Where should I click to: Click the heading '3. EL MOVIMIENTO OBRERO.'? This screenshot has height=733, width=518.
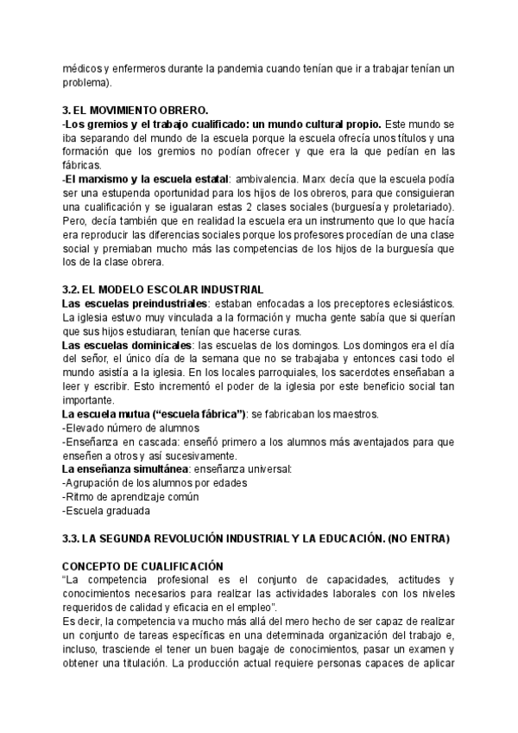(136, 110)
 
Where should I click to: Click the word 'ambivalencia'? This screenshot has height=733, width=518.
(265, 179)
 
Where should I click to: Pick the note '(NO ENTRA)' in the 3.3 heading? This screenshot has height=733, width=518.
(420, 538)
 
